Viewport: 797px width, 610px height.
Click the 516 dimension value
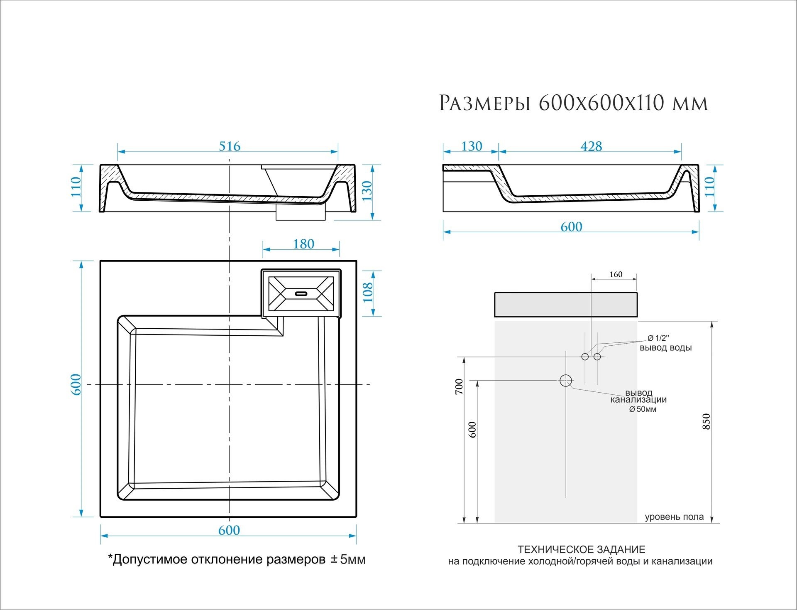tap(230, 146)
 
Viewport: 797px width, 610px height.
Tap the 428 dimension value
tap(591, 146)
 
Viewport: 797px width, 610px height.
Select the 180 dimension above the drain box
tap(303, 244)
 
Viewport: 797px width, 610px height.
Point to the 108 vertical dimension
tap(368, 293)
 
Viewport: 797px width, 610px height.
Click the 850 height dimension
tap(707, 421)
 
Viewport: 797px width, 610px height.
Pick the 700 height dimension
tap(459, 386)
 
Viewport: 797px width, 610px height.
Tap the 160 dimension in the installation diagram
tap(616, 274)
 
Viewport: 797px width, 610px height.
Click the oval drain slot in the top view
tap(301, 293)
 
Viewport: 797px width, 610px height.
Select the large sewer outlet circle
tap(566, 380)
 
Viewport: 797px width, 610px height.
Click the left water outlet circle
tap(585, 357)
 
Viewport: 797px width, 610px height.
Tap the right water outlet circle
tap(597, 357)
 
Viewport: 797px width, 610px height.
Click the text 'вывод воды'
tap(665, 348)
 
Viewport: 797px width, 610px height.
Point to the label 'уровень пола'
tap(674, 517)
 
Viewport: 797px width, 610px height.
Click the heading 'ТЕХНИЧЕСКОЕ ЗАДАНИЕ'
tap(582, 550)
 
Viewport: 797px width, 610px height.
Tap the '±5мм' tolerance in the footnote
tap(348, 560)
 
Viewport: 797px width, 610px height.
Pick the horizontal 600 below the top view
tap(229, 530)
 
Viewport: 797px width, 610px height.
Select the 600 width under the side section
tap(571, 226)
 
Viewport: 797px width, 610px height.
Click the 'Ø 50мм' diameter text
tap(643, 409)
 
